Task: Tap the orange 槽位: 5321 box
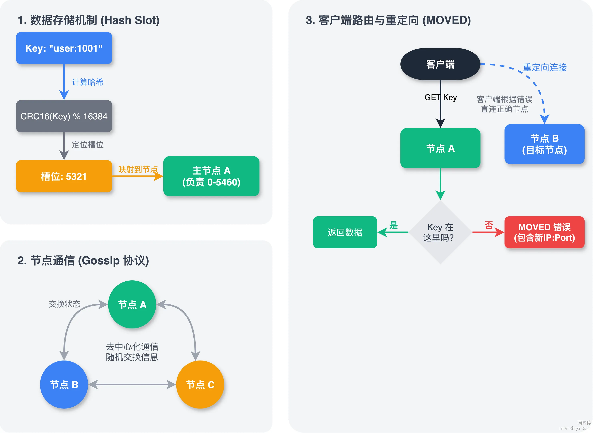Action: tap(64, 176)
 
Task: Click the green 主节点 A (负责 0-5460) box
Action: tap(211, 176)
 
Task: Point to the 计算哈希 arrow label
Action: tap(87, 82)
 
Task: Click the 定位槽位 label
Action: tap(87, 144)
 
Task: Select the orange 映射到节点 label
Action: tap(138, 169)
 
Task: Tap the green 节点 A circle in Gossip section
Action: tap(132, 304)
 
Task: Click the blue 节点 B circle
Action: tap(64, 385)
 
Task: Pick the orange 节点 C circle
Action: tap(200, 385)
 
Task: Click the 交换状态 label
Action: tap(64, 304)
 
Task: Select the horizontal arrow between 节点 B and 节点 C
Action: tap(132, 385)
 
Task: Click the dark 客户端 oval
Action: tap(440, 64)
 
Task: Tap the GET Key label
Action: tap(441, 97)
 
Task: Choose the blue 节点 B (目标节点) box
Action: tap(545, 144)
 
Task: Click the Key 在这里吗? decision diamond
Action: tap(440, 232)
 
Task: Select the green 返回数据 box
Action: tap(345, 232)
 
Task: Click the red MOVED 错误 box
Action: tap(545, 232)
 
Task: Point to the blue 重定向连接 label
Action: tap(545, 67)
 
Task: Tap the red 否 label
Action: tap(489, 225)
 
